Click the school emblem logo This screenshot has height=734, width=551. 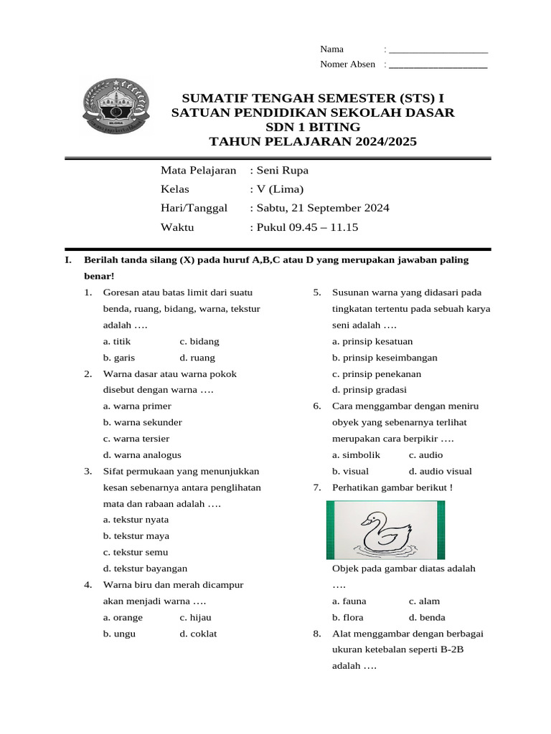tap(116, 108)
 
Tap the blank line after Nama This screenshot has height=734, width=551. tap(438, 49)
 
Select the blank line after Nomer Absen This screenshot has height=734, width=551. tap(438, 65)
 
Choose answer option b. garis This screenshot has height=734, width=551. tap(119, 358)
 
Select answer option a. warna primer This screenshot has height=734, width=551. tap(137, 406)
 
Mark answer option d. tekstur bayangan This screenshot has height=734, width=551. tap(145, 568)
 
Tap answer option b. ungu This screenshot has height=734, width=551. tap(119, 634)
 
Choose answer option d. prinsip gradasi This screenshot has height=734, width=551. tap(369, 390)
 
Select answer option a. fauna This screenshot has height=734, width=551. tap(350, 601)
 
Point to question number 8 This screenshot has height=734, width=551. tap(316, 634)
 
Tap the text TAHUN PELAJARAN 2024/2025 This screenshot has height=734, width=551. tap(312, 142)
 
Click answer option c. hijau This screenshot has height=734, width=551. tap(195, 617)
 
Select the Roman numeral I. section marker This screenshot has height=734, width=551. tap(68, 260)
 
